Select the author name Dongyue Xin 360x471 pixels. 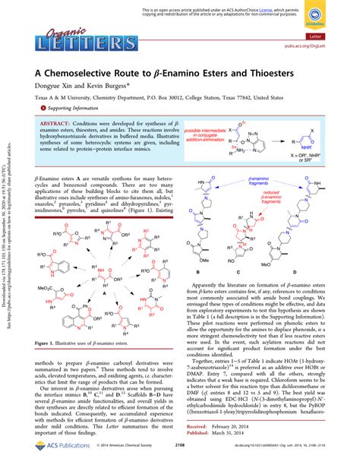click(x=47, y=87)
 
